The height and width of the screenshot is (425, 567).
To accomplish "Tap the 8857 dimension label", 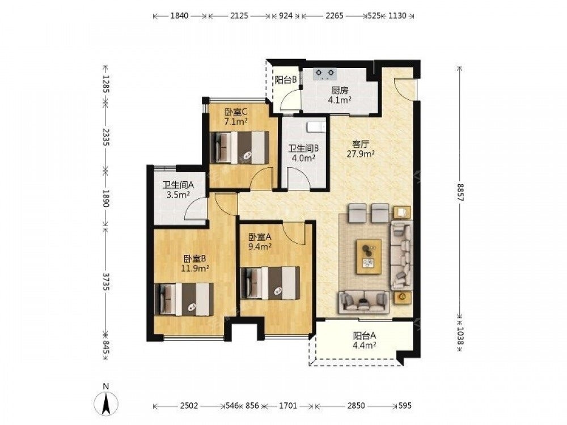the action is (x=460, y=192).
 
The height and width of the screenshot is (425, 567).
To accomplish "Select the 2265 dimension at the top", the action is (x=334, y=15).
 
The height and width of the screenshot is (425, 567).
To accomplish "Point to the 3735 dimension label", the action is (x=105, y=281).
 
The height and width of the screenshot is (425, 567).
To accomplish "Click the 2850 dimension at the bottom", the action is (x=356, y=406).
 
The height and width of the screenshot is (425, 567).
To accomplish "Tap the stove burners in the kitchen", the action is (x=325, y=74).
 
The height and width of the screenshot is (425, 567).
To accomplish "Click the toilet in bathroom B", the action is (x=316, y=127).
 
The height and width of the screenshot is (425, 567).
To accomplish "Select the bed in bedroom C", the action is (x=240, y=147).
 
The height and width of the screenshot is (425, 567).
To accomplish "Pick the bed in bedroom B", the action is (x=184, y=299).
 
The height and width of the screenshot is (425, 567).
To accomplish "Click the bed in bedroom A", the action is (x=270, y=283).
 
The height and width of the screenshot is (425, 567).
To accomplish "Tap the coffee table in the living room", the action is (x=369, y=256).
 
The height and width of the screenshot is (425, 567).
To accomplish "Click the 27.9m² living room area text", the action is (x=360, y=154).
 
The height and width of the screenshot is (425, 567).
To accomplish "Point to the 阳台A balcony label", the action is (x=365, y=335).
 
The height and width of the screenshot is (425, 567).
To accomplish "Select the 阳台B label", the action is (x=286, y=80).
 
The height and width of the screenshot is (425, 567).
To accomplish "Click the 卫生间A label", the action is (x=178, y=185).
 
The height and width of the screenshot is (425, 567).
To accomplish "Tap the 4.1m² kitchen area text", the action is (x=340, y=100).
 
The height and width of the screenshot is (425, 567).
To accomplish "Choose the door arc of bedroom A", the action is (x=294, y=233).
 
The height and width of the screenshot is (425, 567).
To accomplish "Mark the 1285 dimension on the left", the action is (x=105, y=84).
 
